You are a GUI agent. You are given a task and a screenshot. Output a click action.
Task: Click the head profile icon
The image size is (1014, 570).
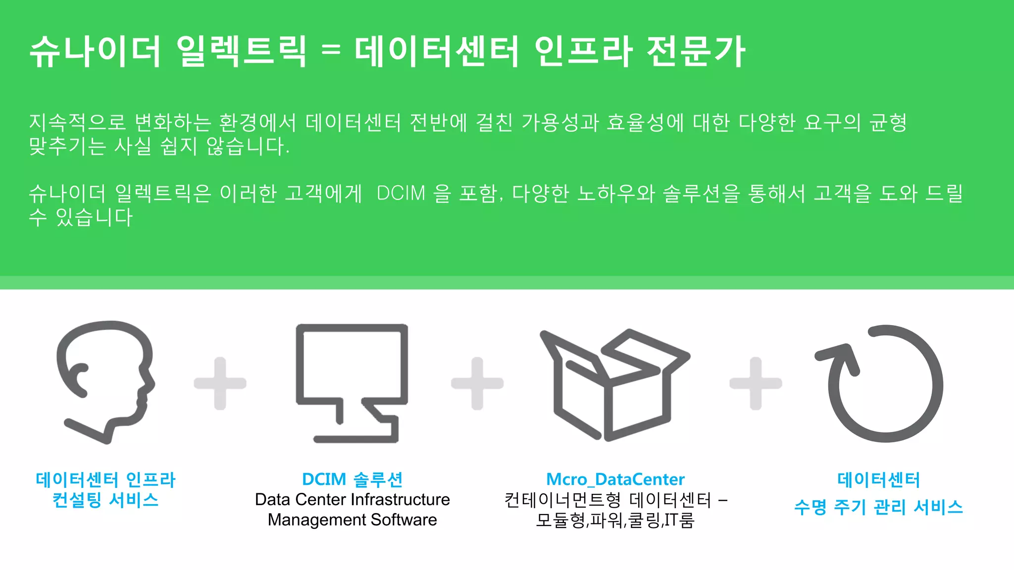[105, 381]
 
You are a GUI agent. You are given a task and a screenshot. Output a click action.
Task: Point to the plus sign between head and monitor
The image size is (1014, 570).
[220, 383]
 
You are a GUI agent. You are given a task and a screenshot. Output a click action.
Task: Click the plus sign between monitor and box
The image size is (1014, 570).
[477, 383]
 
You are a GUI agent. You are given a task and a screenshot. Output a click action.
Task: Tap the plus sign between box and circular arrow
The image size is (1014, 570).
[756, 383]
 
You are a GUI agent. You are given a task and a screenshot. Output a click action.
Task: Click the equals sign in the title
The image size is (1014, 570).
[331, 50]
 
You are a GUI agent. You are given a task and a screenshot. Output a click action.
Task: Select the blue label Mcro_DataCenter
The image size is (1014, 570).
[615, 479]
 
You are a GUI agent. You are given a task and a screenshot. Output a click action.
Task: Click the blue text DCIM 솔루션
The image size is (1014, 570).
[352, 479]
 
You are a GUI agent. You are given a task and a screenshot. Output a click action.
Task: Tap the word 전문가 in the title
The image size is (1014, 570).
[696, 51]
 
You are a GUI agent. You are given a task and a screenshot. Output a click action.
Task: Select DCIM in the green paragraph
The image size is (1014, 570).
[401, 193]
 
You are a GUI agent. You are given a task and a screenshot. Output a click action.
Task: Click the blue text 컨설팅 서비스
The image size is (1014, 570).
[105, 500]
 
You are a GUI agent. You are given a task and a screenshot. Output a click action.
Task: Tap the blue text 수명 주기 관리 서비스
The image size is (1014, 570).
[878, 507]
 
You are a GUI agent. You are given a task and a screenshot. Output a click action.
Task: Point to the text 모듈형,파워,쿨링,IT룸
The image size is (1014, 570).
[615, 521]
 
